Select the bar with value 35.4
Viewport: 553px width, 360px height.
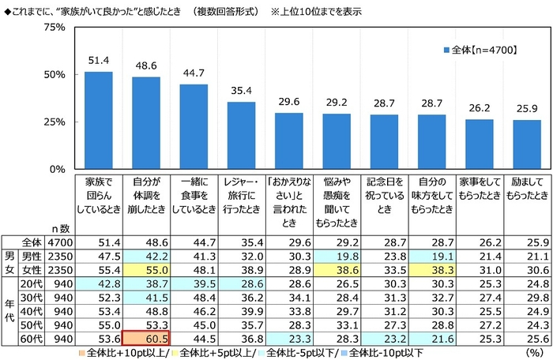(241, 135)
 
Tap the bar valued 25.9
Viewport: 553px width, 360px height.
(528, 144)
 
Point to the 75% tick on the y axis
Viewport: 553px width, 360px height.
(55, 27)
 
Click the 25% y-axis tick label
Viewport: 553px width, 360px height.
(55, 122)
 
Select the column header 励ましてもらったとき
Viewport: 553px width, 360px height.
(528, 195)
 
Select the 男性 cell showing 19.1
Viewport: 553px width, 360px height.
(432, 254)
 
